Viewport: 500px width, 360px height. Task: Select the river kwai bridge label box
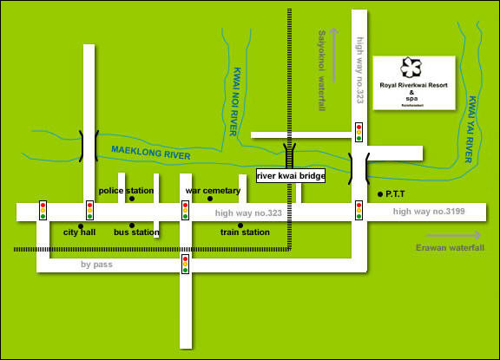pos(291,176)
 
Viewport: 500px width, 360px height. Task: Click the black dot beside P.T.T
pos(380,193)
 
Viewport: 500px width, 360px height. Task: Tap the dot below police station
pos(132,199)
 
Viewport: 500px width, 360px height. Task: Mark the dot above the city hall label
pos(80,226)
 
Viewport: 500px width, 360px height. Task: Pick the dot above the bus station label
pos(132,226)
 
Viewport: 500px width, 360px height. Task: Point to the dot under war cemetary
pos(210,199)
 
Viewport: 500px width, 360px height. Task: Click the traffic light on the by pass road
pos(185,264)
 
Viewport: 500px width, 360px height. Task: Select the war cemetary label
pos(213,190)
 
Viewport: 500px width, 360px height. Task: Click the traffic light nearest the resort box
pos(359,132)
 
